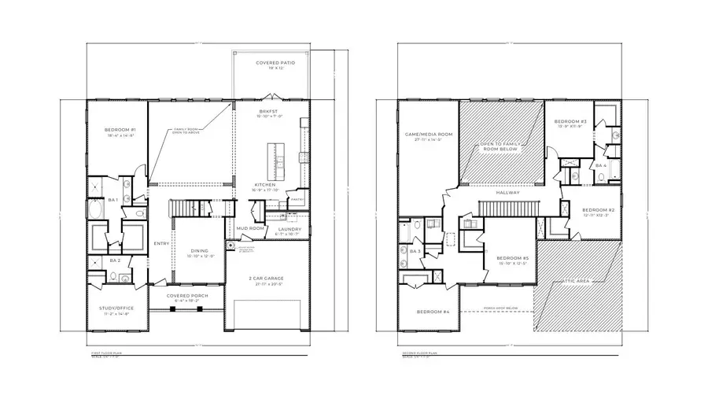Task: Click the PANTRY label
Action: click(x=297, y=200)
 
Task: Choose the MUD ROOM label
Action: click(x=249, y=228)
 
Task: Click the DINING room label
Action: click(x=198, y=251)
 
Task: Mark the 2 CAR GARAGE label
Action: click(x=269, y=279)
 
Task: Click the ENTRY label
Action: click(x=161, y=243)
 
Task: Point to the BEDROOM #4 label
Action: click(x=433, y=312)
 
